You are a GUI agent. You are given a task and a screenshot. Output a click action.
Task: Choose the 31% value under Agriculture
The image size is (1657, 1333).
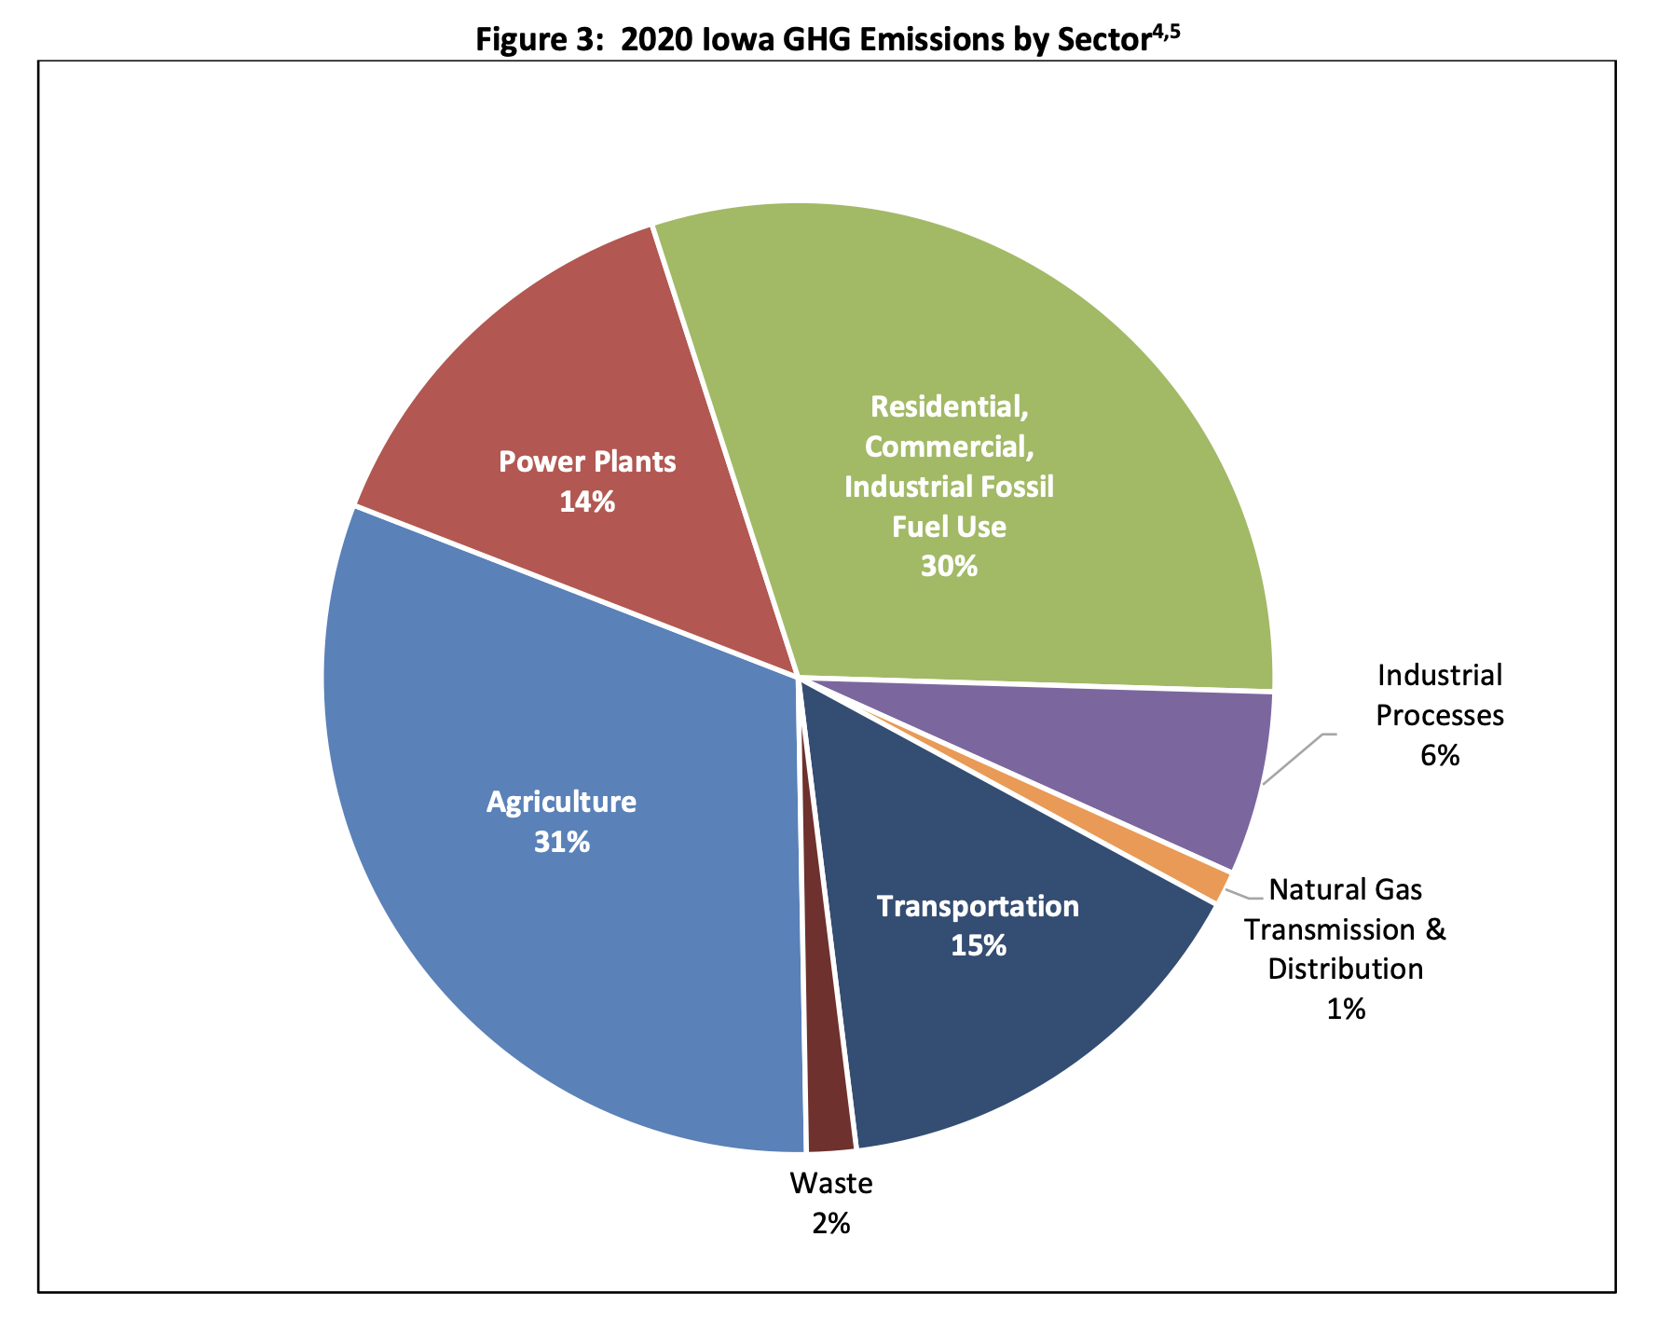562,843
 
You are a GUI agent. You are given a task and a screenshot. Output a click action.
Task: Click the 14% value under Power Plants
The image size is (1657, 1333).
587,503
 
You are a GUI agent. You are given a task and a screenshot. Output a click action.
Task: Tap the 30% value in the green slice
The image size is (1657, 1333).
949,567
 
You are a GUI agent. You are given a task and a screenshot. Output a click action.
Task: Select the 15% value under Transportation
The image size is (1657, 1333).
979,946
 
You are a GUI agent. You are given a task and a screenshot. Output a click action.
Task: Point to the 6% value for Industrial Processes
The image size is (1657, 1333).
1439,756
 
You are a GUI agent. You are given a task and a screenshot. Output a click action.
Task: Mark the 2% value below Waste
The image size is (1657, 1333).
830,1223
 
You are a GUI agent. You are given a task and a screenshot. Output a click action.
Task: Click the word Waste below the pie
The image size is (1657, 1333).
830,1184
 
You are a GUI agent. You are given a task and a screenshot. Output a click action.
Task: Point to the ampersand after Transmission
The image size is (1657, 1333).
1435,929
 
